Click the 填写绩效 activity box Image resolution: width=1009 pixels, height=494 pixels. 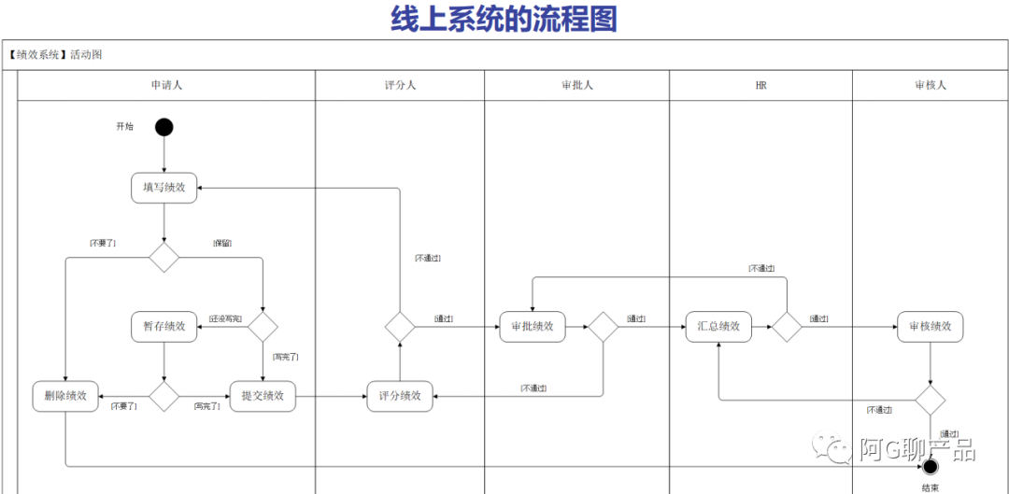[164, 188]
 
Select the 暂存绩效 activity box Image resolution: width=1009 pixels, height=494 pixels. [164, 327]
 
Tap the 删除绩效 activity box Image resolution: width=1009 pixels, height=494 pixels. [65, 396]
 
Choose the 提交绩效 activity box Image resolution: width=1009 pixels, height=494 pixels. [263, 396]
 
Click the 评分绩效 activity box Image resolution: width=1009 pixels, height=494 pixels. [400, 396]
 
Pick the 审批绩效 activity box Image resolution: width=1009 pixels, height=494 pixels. [533, 327]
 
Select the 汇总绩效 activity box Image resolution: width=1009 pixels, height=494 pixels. [718, 327]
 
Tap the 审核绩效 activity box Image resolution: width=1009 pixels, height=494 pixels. [931, 327]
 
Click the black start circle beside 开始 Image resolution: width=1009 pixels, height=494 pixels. [164, 127]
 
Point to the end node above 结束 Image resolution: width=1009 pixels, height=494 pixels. [930, 466]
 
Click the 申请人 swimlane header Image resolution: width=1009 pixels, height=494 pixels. [166, 85]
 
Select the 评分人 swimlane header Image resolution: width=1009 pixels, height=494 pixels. [400, 85]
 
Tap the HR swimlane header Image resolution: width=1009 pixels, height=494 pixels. [760, 85]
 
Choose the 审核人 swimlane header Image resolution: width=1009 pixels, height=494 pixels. [931, 85]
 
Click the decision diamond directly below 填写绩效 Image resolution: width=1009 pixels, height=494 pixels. [164, 257]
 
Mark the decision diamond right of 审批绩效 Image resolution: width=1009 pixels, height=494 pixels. [603, 327]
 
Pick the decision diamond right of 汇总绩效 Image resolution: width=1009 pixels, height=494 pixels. [787, 327]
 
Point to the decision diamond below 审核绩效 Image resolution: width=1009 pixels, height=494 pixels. [930, 400]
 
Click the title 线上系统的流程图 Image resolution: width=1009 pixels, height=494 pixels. [504, 19]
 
